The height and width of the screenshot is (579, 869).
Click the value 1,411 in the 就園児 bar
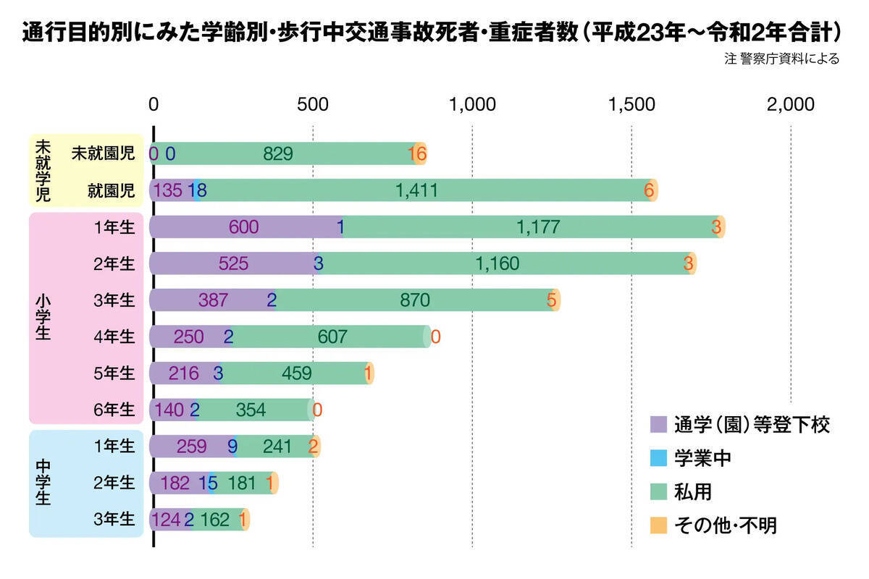click(x=416, y=190)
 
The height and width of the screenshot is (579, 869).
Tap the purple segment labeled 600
click(x=243, y=227)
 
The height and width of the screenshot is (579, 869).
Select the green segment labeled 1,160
click(x=498, y=263)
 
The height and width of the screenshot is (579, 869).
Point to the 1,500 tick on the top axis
click(x=631, y=104)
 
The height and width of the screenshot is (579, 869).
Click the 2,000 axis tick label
click(x=791, y=104)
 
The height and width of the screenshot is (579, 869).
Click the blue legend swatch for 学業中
click(x=658, y=458)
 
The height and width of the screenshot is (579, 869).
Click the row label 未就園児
click(x=103, y=153)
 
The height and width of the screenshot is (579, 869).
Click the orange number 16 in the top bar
click(x=417, y=153)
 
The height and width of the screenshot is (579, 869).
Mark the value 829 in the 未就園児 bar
click(x=278, y=153)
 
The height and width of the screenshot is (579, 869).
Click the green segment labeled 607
click(x=332, y=337)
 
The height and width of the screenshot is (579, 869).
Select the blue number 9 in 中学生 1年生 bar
click(x=232, y=447)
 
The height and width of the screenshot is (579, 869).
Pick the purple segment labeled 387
click(x=213, y=300)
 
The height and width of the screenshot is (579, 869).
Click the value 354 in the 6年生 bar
click(x=251, y=410)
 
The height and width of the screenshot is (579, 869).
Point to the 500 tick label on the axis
click(x=313, y=104)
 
